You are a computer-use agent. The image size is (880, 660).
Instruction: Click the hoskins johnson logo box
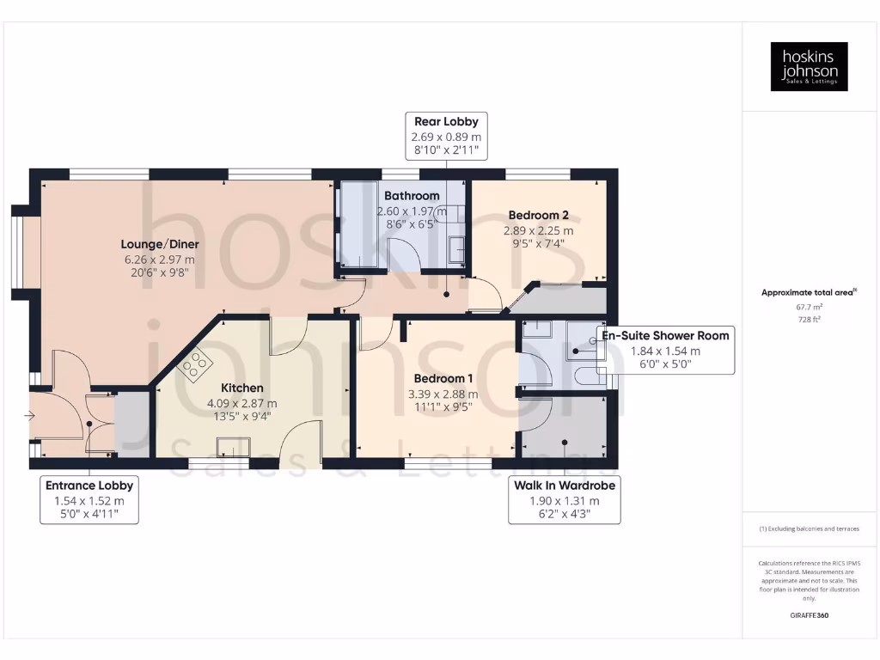click(x=809, y=66)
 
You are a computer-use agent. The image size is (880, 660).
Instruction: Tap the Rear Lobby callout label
click(x=446, y=136)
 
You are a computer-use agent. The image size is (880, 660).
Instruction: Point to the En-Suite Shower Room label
click(x=666, y=335)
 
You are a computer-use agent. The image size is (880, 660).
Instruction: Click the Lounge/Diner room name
click(x=159, y=244)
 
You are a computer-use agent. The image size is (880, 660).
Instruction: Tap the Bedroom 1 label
click(x=443, y=379)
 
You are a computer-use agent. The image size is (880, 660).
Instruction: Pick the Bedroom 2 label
click(x=538, y=215)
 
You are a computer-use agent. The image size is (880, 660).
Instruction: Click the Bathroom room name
click(x=412, y=196)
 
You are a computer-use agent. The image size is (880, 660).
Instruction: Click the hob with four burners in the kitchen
click(x=194, y=365)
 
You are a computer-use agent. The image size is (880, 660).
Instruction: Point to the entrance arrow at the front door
click(x=31, y=417)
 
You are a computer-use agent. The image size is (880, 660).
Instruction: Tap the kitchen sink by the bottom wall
click(x=234, y=445)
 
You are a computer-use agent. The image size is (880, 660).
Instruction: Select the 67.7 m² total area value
click(x=809, y=305)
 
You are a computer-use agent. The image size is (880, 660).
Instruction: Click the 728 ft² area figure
click(x=809, y=319)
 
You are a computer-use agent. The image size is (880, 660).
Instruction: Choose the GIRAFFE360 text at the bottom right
click(x=809, y=615)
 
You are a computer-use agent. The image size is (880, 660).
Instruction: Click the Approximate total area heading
click(x=808, y=292)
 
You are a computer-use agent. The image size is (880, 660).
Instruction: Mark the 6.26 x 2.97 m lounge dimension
click(x=159, y=259)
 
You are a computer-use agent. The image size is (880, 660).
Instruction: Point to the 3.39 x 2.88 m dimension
click(x=443, y=394)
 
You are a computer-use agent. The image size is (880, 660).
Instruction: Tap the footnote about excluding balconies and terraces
click(x=809, y=529)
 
